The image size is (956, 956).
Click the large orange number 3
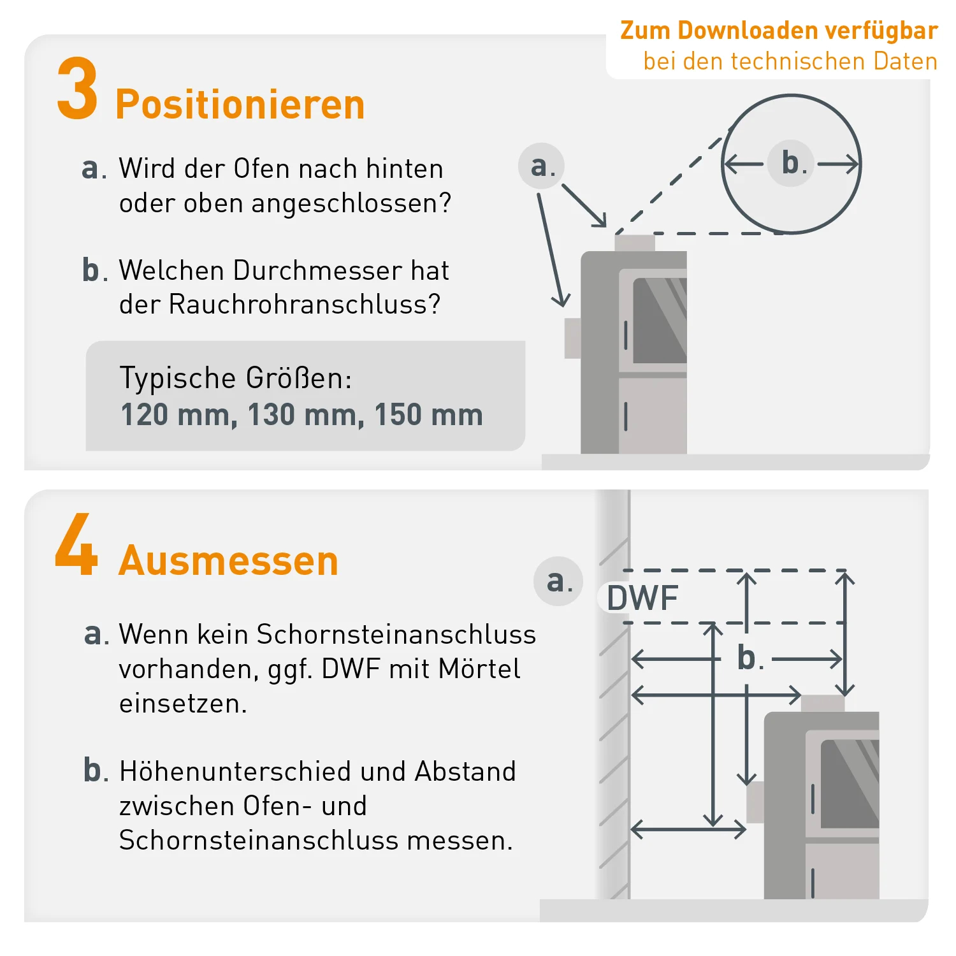(x=78, y=89)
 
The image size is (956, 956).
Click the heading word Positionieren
(x=240, y=105)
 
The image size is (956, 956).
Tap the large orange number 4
(x=76, y=544)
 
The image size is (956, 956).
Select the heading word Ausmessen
(x=228, y=561)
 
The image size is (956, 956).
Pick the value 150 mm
(x=428, y=415)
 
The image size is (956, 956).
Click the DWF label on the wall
(x=642, y=598)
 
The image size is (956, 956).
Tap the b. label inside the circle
(x=791, y=163)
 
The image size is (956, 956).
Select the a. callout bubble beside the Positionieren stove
(x=542, y=166)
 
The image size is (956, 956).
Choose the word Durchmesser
(x=317, y=270)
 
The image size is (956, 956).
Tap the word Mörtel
(x=479, y=669)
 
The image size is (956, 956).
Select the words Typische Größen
(x=235, y=378)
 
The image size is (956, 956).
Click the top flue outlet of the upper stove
(x=635, y=243)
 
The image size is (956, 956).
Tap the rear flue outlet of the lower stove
(x=755, y=802)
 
